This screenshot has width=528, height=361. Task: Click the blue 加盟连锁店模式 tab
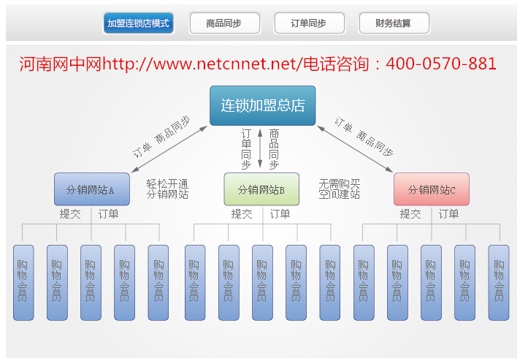(x=139, y=23)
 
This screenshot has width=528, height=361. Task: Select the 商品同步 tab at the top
(x=225, y=23)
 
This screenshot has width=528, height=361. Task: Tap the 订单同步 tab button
(x=310, y=23)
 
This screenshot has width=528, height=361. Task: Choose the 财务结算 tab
(x=394, y=23)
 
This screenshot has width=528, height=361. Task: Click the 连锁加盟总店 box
(x=263, y=105)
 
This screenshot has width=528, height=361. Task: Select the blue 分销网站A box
(x=92, y=189)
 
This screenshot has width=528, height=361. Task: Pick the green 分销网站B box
(x=261, y=189)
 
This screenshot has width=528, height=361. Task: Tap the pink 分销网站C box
(x=432, y=189)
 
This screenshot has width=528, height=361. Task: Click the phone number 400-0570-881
(x=441, y=64)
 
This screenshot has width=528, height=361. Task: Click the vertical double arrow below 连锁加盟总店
(x=260, y=148)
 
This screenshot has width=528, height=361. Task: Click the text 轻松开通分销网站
(x=167, y=189)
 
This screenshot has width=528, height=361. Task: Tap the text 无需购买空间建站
(x=340, y=189)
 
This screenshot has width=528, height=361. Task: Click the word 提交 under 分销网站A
(x=70, y=214)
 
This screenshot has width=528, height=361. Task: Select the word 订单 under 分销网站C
(x=448, y=214)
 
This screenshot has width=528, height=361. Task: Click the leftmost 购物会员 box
(x=23, y=283)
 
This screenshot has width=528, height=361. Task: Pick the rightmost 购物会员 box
(x=499, y=283)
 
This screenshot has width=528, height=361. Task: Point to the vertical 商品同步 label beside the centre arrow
(x=274, y=149)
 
